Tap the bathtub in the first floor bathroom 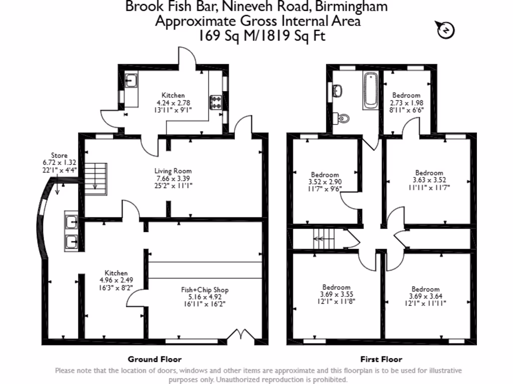[x=371, y=90]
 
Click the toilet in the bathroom [x=343, y=117]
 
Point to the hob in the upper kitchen [x=217, y=102]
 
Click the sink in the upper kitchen [x=131, y=80]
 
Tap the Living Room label [x=173, y=170]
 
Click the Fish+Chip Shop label [x=205, y=289]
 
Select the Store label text [x=59, y=155]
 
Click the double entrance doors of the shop [x=238, y=335]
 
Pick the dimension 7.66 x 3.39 [x=173, y=178]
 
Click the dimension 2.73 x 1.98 [x=406, y=102]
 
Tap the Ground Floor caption [x=154, y=359]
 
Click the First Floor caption [x=381, y=359]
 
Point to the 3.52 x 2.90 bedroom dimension [x=324, y=182]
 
